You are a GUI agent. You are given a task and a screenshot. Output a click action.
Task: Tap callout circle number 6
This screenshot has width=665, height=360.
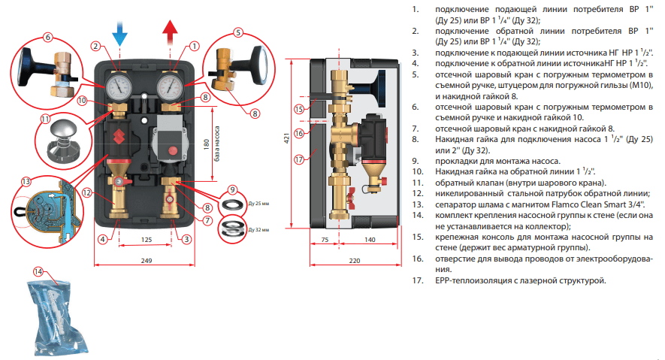[x=47, y=37]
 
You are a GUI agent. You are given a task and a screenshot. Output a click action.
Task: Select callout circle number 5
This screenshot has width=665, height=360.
[x=238, y=32]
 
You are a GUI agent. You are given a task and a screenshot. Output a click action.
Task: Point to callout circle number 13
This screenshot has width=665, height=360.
[x=26, y=181]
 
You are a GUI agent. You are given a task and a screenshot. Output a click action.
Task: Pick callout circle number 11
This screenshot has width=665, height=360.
[x=46, y=119]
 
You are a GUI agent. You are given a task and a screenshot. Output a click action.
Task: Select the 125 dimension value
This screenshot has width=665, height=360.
[x=147, y=238]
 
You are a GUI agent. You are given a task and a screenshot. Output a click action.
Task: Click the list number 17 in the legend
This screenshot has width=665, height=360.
[x=418, y=281]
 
